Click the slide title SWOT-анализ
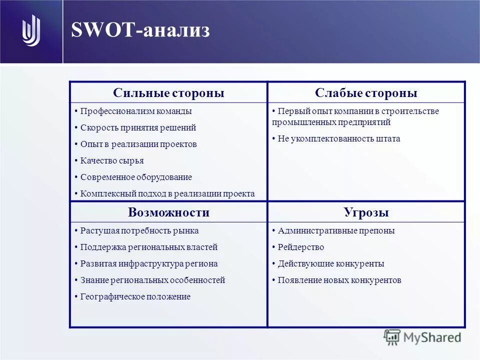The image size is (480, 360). pos(140,30)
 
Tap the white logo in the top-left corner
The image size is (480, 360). pos(31,31)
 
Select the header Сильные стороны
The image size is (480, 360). pos(168,93)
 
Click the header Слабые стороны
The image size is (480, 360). pos(366,93)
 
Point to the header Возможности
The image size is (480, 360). pos(168,212)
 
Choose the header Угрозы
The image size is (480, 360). pos(366,212)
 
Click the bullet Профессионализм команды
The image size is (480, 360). pos(135,111)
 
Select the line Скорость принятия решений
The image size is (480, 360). pos(138,127)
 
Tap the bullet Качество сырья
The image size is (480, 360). pos(112,160)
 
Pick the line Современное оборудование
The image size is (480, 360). pos(136,177)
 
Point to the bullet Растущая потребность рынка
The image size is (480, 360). pos(139,230)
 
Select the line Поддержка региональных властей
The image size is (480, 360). pos(148,247)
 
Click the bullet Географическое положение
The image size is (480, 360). pos(135,296)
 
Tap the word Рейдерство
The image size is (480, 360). pos(300,247)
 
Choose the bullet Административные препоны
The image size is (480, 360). pos(336,230)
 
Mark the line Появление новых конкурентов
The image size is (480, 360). pos(339,280)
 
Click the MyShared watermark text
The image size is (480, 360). pos(432,337)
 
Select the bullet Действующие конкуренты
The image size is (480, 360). pos(330,263)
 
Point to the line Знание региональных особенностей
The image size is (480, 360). pos(152,280)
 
